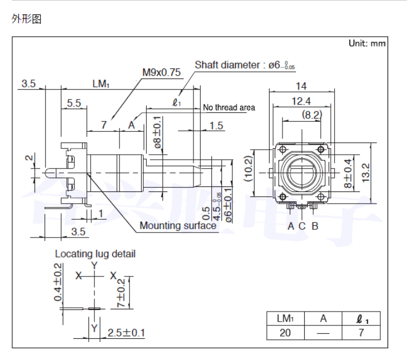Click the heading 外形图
27,20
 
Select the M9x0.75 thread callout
162,72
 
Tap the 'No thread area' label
229,107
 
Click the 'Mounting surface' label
178,225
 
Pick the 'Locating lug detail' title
95,254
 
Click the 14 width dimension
301,86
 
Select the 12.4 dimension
301,100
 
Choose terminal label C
302,226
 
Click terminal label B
315,226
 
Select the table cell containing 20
285,333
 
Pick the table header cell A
323,319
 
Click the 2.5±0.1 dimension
126,333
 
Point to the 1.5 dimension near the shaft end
217,126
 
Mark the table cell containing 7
361,333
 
